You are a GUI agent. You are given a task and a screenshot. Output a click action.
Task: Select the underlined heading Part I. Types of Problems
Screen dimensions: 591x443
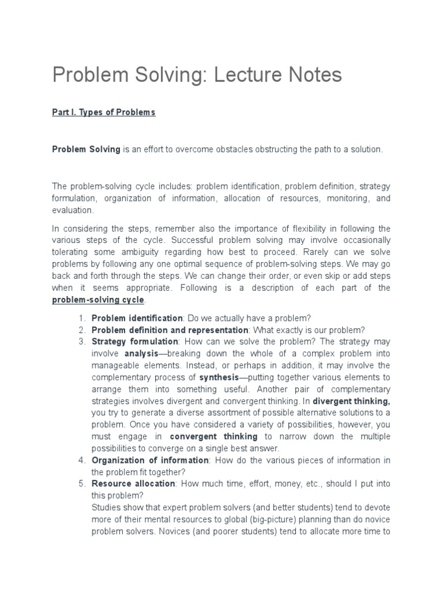click(104, 113)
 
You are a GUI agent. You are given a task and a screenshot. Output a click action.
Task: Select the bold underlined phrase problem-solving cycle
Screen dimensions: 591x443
click(99, 300)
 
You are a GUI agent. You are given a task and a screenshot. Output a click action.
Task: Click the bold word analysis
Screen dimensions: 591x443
click(141, 353)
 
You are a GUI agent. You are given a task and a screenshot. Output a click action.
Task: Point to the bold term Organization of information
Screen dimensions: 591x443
click(150, 460)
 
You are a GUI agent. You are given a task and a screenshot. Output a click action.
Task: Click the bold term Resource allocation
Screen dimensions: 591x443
click(133, 484)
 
